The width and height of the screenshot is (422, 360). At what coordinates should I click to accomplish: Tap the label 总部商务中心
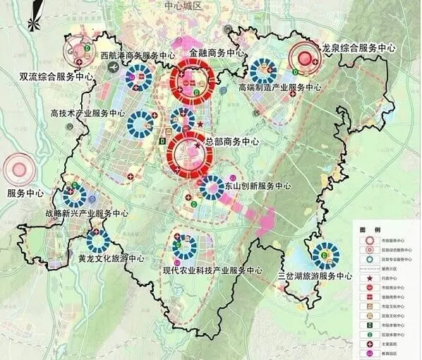231,142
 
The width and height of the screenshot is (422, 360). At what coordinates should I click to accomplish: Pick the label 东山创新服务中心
258,186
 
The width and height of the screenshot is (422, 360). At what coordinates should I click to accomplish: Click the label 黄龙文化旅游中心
112,258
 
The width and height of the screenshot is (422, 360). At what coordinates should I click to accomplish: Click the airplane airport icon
113,66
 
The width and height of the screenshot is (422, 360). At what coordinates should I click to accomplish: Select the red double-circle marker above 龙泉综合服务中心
305,58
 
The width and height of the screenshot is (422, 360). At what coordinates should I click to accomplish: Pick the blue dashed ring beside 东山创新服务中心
212,187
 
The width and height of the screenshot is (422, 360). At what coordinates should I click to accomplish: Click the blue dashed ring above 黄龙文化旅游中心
97,241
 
